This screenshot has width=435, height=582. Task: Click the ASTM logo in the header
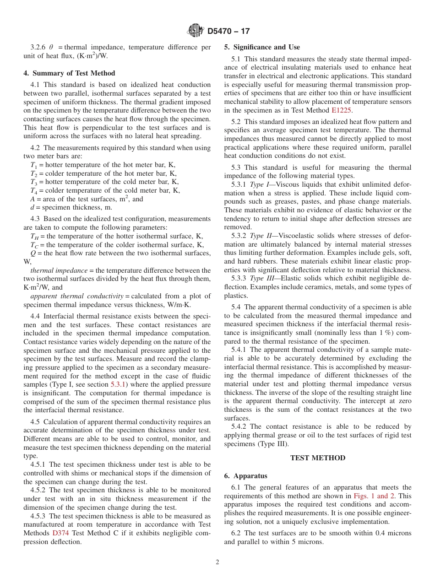pyautogui.click(x=196, y=31)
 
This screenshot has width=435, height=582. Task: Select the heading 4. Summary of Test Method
pyautogui.click(x=69, y=73)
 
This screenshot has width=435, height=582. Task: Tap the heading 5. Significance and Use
pyautogui.click(x=262, y=47)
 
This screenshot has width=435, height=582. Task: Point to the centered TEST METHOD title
pyautogui.click(x=317, y=458)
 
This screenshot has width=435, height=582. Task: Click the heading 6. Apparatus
pyautogui.click(x=245, y=476)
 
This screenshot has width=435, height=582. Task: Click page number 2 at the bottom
pyautogui.click(x=217, y=562)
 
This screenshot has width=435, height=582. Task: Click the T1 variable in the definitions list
pyautogui.click(x=33, y=165)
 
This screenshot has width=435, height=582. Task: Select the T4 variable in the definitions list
pyautogui.click(x=33, y=191)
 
